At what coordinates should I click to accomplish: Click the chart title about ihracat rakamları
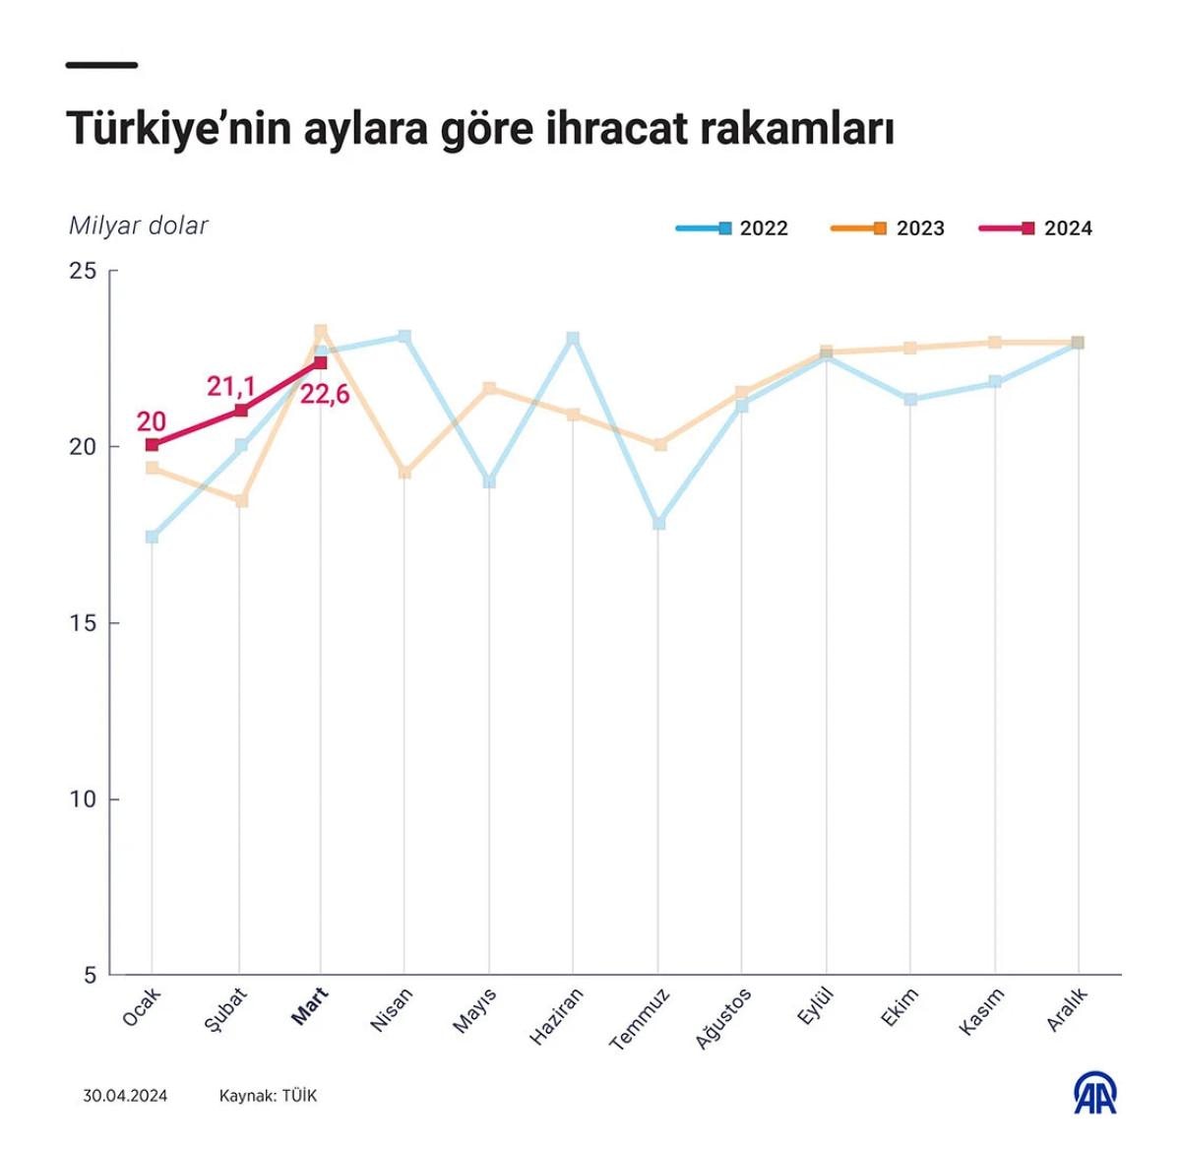[x=479, y=129]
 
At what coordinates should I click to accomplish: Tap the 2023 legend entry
[x=889, y=228]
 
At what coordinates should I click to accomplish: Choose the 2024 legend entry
[x=1036, y=228]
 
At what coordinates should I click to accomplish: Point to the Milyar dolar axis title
[x=138, y=225]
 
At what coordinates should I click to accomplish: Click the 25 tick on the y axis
[x=83, y=271]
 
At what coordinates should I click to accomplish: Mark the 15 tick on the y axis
[x=83, y=623]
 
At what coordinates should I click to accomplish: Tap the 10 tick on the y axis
[x=83, y=800]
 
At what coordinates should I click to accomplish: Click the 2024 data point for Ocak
[x=152, y=445]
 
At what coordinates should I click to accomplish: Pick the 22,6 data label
[x=325, y=396]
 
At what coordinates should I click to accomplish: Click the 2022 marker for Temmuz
[x=658, y=523]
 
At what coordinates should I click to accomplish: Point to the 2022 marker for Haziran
[x=573, y=338]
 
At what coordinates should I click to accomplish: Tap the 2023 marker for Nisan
[x=404, y=473]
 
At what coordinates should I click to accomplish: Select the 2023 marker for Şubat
[x=241, y=500]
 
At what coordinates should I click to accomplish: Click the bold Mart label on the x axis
[x=310, y=1005]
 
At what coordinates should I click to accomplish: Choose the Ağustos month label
[x=723, y=1018]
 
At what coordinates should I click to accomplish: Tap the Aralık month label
[x=1067, y=1009]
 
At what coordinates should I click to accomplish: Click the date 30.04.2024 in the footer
[x=125, y=1096]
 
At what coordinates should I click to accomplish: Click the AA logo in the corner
[x=1094, y=1094]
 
